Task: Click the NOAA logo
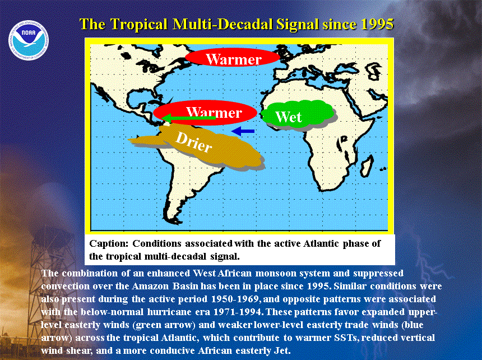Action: pos(29,40)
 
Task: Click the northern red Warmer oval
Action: pos(233,58)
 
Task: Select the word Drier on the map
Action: pos(194,142)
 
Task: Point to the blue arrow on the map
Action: pos(243,131)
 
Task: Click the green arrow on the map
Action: pos(188,118)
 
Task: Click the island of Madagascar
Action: pos(367,166)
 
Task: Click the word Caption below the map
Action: pos(109,244)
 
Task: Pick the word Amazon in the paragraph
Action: pos(150,286)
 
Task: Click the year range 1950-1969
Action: pos(235,299)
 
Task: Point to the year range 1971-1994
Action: pos(238,312)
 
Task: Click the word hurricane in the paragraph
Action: pos(169,312)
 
